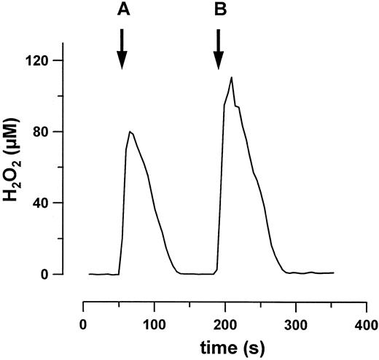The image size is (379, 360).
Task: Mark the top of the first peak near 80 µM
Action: pos(130,132)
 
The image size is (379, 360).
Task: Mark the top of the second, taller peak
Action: pos(231,77)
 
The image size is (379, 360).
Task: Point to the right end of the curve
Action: pos(333,273)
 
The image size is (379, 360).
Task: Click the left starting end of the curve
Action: pos(90,274)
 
